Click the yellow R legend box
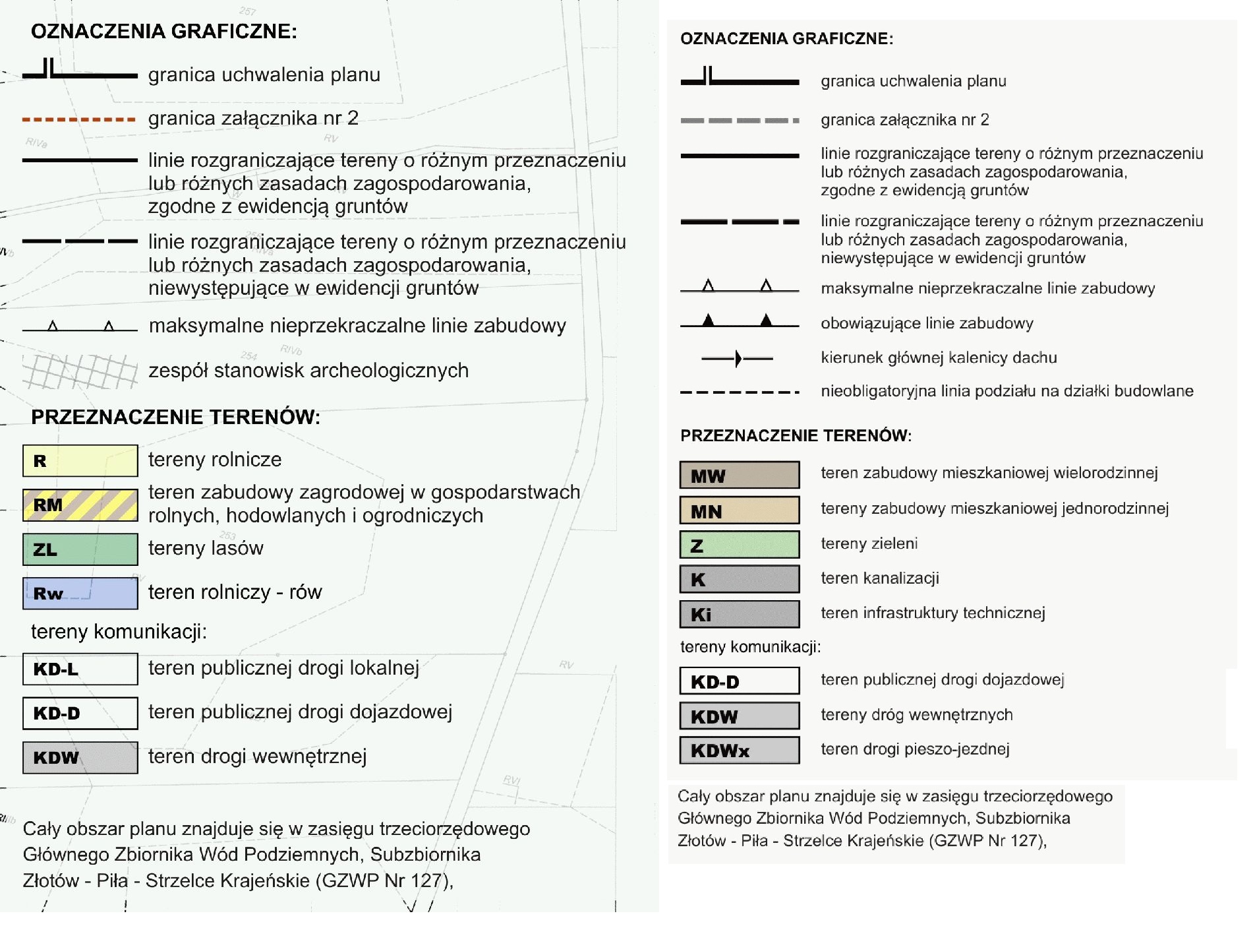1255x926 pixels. (80, 460)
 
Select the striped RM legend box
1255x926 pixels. (80, 505)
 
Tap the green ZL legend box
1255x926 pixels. (80, 549)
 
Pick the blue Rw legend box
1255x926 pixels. (80, 593)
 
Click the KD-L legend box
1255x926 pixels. (80, 669)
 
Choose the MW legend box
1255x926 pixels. (739, 475)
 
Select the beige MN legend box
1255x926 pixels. (739, 510)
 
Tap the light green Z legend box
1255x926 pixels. (739, 545)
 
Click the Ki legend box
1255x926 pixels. (739, 614)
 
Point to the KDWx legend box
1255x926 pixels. (739, 750)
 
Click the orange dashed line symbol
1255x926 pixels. (79, 119)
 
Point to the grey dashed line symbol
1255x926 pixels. (739, 121)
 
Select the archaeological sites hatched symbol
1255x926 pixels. (80, 371)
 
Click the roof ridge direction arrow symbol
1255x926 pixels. (738, 358)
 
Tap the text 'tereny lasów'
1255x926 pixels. (206, 548)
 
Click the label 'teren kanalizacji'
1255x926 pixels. (879, 578)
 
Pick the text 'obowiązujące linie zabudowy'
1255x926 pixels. (926, 323)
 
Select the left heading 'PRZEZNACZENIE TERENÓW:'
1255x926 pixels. (175, 417)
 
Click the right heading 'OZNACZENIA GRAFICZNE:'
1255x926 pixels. (786, 39)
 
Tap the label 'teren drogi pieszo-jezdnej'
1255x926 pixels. (915, 749)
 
